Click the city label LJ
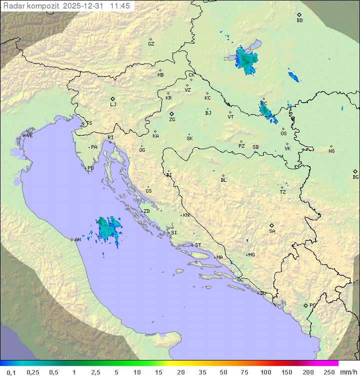(x=113, y=105)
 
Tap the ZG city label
(x=172, y=120)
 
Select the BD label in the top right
(x=299, y=21)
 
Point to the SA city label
(x=272, y=231)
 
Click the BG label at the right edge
(x=355, y=177)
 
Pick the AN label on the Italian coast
(x=77, y=240)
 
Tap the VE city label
(x=29, y=136)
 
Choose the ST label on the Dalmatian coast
(x=198, y=245)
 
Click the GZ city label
(x=151, y=44)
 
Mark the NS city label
(x=331, y=151)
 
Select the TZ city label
(x=283, y=192)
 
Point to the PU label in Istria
(x=90, y=168)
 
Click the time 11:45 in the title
(x=120, y=6)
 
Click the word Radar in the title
(x=12, y=6)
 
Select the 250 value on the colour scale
(x=329, y=372)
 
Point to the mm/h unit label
(x=348, y=372)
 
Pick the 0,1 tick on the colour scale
(x=11, y=372)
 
